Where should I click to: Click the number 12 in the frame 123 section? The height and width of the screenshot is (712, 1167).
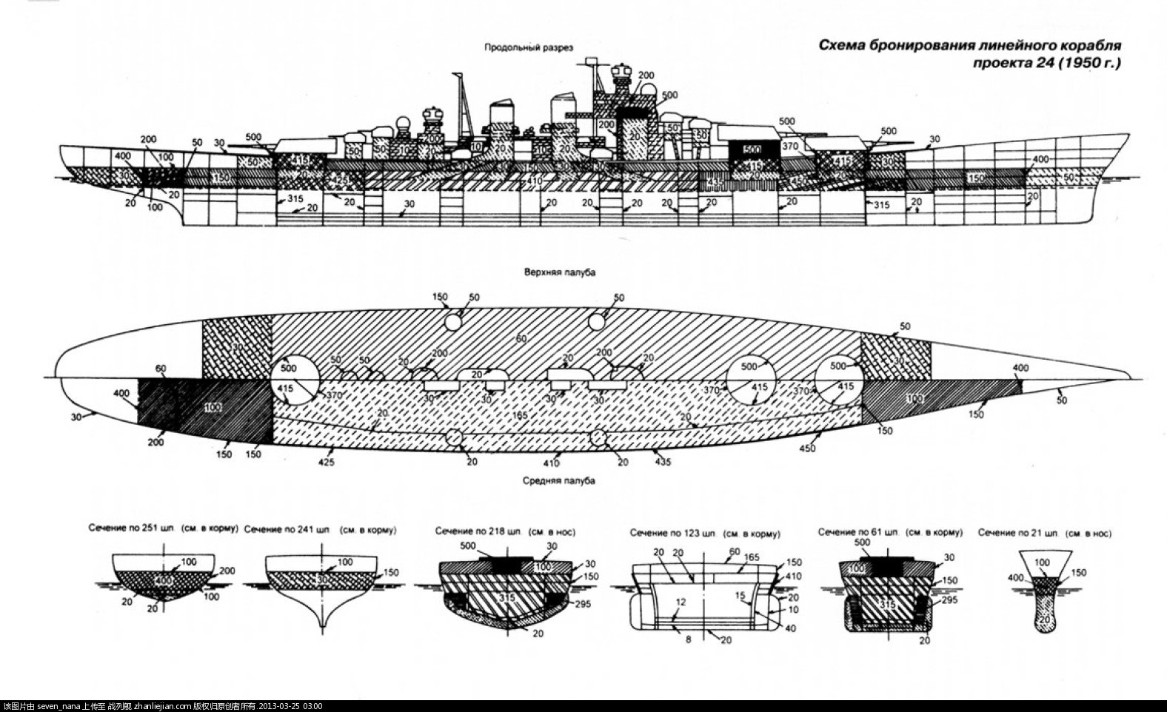point(680,602)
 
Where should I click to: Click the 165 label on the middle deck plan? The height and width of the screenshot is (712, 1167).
point(520,417)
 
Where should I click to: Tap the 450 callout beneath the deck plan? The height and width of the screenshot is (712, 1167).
point(807,448)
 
